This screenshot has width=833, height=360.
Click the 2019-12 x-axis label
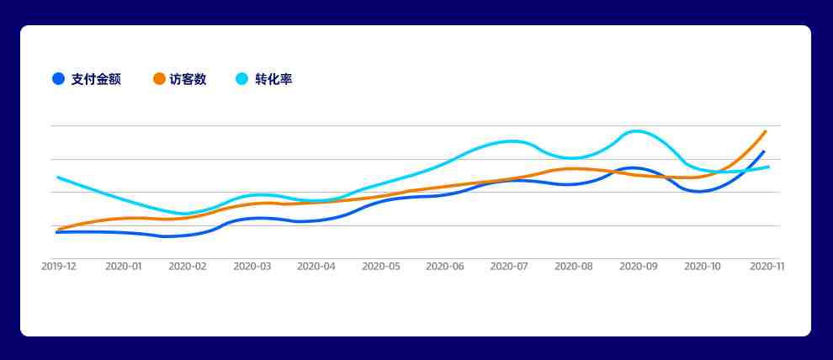point(59,267)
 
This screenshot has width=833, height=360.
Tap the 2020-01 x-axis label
point(123,267)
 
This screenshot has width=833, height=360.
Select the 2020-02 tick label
point(188,267)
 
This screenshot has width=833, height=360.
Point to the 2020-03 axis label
point(252,267)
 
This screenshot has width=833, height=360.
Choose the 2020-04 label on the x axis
point(316,267)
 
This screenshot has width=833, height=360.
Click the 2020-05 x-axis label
point(381,267)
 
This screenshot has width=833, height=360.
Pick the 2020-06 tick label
point(445,267)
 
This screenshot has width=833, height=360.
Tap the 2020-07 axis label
point(509,267)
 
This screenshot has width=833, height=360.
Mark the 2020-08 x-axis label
point(574,267)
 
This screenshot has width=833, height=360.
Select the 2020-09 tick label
point(638,267)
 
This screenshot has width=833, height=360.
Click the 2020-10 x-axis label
point(703,267)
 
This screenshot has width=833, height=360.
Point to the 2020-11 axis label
point(767,267)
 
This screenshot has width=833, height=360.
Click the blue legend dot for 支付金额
point(58,79)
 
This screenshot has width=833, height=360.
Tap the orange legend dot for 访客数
point(159,79)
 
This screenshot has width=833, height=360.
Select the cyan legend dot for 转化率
point(241,79)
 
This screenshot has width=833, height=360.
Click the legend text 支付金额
point(96,80)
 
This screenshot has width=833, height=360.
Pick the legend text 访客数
point(188,80)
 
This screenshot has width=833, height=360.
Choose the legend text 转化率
point(273,80)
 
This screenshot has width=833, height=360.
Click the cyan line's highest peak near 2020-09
point(636,130)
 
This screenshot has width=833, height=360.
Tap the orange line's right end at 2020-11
point(766,130)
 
